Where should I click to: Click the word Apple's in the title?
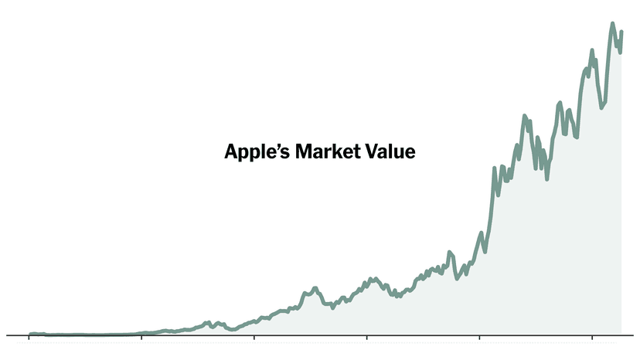click(254, 151)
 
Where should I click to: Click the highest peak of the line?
click(613, 24)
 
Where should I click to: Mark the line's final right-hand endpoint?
click(621, 32)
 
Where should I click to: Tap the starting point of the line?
click(29, 335)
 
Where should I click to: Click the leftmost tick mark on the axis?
click(29, 338)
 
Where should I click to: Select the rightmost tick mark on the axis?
click(592, 338)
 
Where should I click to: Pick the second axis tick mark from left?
click(141, 338)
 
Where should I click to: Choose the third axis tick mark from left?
click(254, 338)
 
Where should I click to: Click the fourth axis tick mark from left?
click(367, 338)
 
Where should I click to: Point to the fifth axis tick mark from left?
click(480, 338)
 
